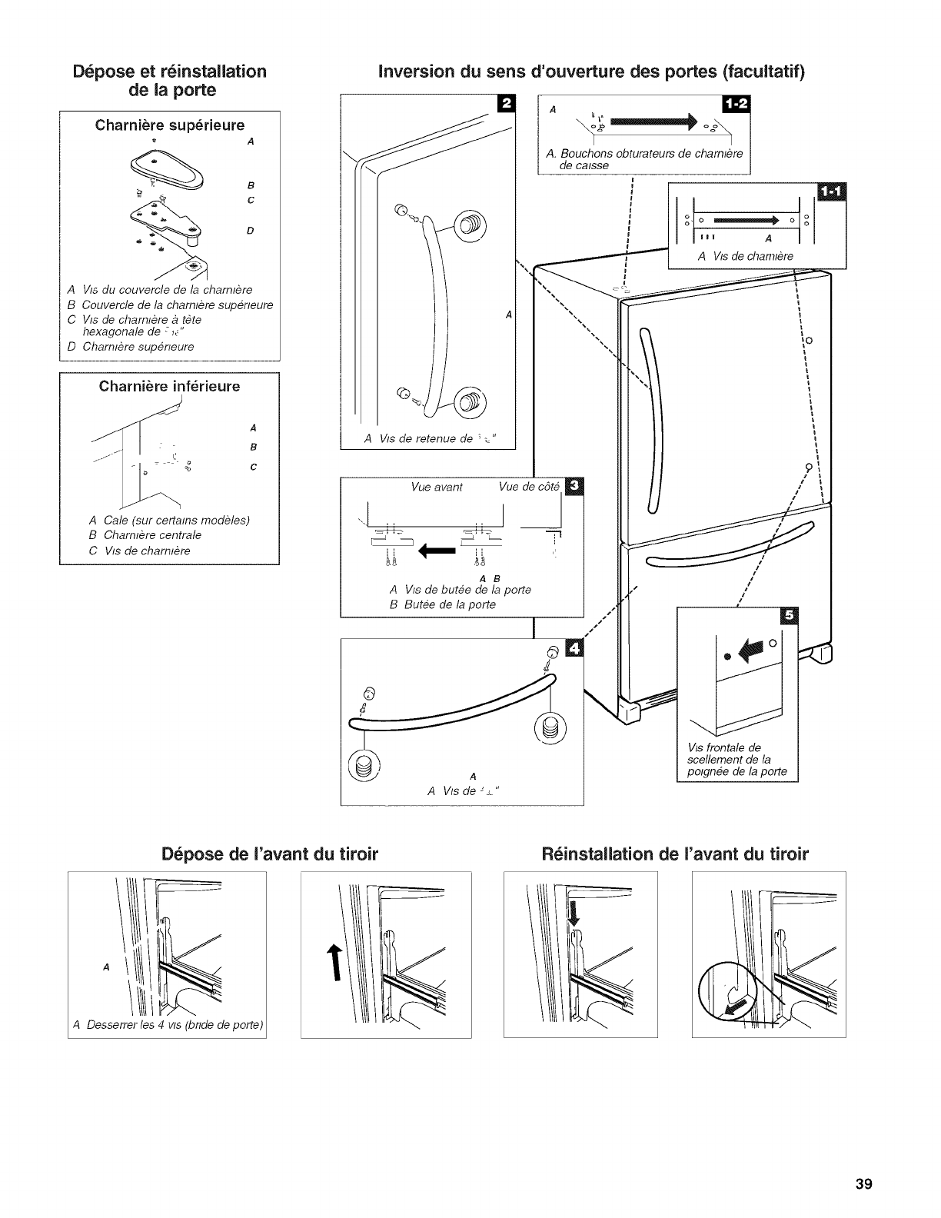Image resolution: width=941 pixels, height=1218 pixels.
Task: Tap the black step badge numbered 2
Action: click(x=507, y=104)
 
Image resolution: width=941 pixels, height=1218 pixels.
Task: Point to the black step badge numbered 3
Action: click(x=574, y=487)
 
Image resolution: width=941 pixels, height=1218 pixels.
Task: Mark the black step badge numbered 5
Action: click(x=789, y=617)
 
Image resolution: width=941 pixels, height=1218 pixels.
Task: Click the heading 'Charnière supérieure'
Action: click(x=169, y=125)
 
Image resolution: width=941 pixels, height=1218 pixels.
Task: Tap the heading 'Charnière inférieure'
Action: click(x=169, y=386)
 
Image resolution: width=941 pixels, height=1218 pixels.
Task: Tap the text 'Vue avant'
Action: click(x=437, y=487)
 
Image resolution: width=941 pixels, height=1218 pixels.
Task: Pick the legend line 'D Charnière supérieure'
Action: click(x=131, y=346)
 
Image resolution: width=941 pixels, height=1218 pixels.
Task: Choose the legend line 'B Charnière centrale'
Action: click(x=145, y=535)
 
